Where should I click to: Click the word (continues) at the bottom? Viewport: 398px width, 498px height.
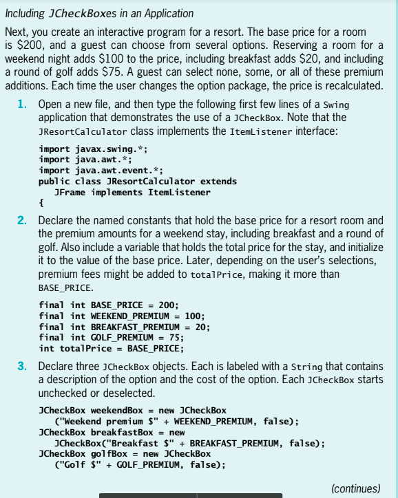[x=355, y=488]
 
